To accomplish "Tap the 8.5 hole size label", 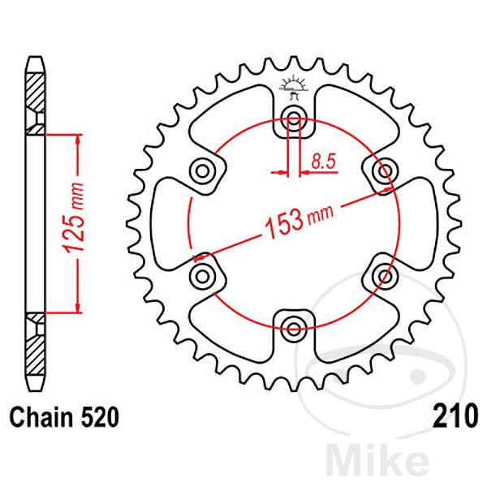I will (x=322, y=162).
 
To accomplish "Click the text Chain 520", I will (x=64, y=418).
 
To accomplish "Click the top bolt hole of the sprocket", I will (x=293, y=121).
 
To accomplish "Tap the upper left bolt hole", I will (x=202, y=171).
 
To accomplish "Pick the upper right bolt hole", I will (x=383, y=171).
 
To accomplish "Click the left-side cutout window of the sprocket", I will (x=169, y=224).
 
